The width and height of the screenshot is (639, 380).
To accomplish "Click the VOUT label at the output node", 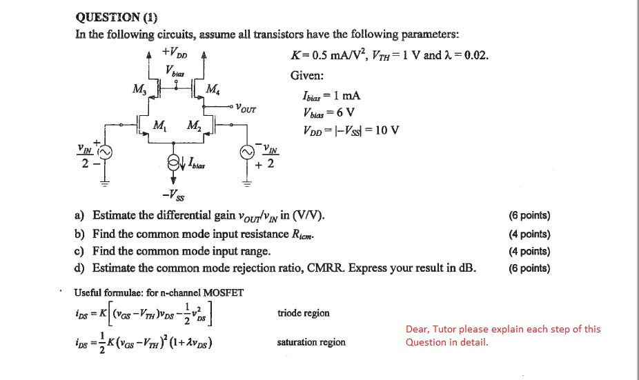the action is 246,108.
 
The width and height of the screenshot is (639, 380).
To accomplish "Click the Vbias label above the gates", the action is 175,70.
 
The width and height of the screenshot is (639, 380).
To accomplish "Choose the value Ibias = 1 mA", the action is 332,97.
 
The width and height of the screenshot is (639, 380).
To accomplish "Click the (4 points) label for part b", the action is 529,234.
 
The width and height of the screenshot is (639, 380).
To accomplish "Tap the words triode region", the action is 303,313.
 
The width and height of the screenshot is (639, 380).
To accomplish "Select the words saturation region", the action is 311,342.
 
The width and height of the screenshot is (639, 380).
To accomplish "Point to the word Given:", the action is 306,77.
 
